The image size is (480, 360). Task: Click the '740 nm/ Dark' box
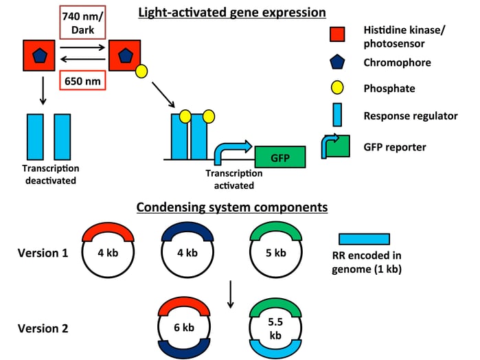(x=82, y=23)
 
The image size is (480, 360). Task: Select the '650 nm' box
(x=82, y=80)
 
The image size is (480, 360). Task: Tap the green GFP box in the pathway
(x=280, y=157)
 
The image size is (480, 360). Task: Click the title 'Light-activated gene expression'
(x=232, y=12)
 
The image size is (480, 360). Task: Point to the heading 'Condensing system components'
(x=232, y=207)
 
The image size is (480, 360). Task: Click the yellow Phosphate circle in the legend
(x=337, y=88)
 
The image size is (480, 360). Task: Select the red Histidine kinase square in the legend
(x=337, y=34)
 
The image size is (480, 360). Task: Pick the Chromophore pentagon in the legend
(x=337, y=62)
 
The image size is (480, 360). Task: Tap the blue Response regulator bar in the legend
(x=337, y=115)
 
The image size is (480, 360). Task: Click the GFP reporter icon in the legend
(x=336, y=146)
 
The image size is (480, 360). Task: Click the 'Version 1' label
(x=43, y=253)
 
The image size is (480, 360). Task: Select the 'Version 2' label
(x=43, y=328)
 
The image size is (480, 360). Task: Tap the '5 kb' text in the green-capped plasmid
(x=276, y=253)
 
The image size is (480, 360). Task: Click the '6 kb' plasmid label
(x=184, y=328)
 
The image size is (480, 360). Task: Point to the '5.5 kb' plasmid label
(x=275, y=328)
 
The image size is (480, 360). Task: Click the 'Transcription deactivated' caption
(x=51, y=175)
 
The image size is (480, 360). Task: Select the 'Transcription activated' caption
(x=234, y=179)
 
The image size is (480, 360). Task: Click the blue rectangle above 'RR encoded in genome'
(x=364, y=239)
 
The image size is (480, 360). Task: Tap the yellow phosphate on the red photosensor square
(x=141, y=71)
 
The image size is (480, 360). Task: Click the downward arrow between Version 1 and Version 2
(x=231, y=294)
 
